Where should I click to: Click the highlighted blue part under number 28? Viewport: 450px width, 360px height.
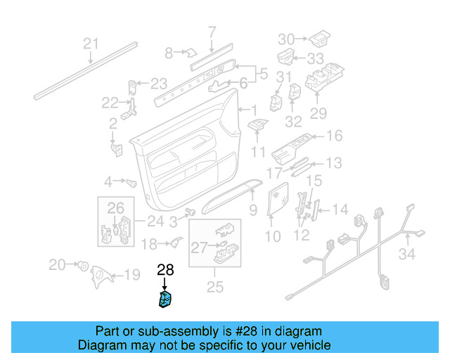[x=166, y=300]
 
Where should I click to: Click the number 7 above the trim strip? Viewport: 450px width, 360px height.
[x=212, y=31]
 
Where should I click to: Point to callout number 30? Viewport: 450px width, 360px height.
[x=287, y=39]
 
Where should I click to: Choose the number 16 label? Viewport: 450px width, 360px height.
[x=334, y=136]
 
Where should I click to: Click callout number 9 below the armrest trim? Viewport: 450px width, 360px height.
[x=253, y=210]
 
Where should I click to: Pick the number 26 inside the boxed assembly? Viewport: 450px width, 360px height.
[x=115, y=207]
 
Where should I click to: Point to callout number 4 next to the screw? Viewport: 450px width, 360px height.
[x=108, y=182]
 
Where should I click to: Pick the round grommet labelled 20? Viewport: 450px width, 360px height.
[x=82, y=266]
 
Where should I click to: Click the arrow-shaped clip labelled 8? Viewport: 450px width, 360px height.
[x=189, y=51]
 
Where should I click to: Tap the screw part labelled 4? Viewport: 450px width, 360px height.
[x=130, y=182]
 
